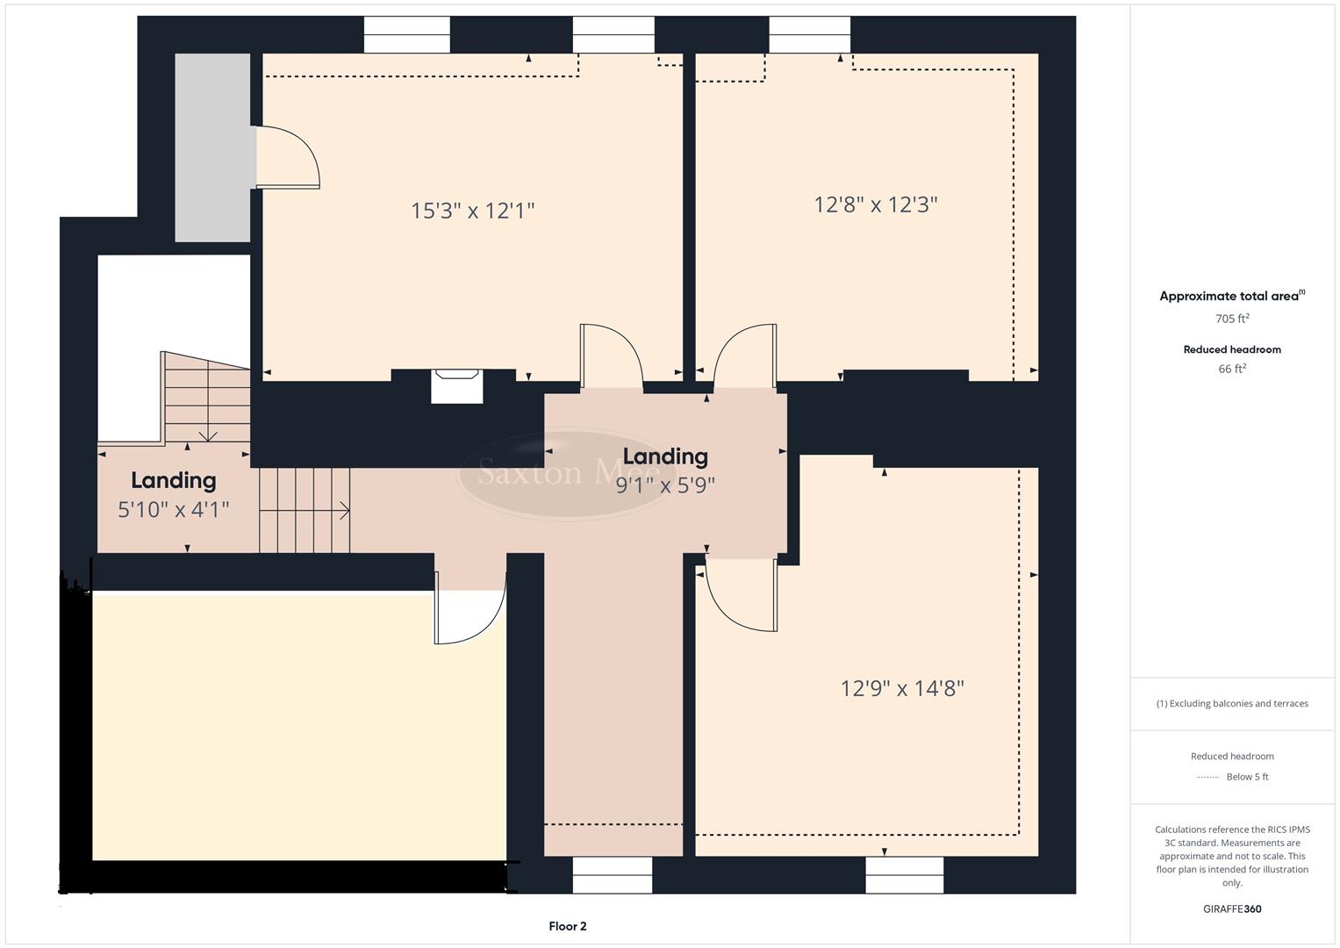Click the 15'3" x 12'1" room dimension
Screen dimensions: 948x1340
pos(472,211)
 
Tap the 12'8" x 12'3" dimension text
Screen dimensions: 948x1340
pos(875,205)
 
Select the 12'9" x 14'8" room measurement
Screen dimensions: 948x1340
pos(902,688)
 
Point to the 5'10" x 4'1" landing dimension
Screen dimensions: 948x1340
pos(174,508)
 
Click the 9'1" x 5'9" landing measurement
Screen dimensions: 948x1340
pos(665,485)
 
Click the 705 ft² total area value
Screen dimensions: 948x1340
pos(1232,319)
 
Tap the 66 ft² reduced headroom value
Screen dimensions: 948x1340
pos(1232,369)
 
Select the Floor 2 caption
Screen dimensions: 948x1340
pos(567,926)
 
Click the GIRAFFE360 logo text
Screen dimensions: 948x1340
pos(1232,908)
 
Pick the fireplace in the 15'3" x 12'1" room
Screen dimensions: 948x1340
pos(456,386)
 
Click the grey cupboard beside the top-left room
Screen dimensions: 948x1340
pos(212,147)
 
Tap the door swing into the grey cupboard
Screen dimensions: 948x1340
pos(288,158)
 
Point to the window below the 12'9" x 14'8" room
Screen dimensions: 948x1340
pos(904,874)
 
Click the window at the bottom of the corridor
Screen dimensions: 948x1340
pos(612,874)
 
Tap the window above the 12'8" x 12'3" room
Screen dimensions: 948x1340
pos(809,35)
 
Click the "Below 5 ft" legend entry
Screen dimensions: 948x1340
pos(1246,777)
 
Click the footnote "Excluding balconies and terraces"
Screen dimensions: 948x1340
pos(1232,703)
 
